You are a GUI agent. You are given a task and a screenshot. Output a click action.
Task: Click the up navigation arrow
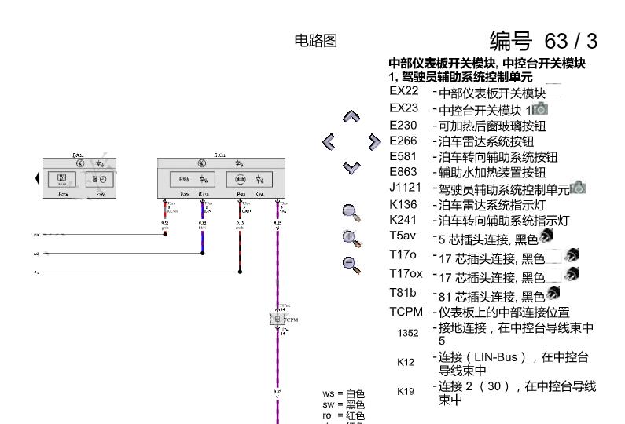352,118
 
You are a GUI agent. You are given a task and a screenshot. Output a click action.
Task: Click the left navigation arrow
330,142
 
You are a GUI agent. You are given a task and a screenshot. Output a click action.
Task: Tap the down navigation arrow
352,166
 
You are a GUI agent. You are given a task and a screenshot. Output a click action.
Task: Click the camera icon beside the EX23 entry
541,108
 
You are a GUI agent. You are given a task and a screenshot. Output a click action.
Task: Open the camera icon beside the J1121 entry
579,187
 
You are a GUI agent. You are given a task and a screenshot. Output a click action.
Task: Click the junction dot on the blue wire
202,254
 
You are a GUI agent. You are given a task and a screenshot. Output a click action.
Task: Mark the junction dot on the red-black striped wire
240,272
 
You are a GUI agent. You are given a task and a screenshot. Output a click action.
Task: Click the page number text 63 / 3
543,40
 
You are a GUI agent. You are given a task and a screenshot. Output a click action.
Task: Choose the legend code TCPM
406,312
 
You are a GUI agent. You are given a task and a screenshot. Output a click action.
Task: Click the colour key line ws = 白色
344,393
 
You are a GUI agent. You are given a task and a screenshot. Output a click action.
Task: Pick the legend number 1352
408,333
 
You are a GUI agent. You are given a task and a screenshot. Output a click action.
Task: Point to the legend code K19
406,391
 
